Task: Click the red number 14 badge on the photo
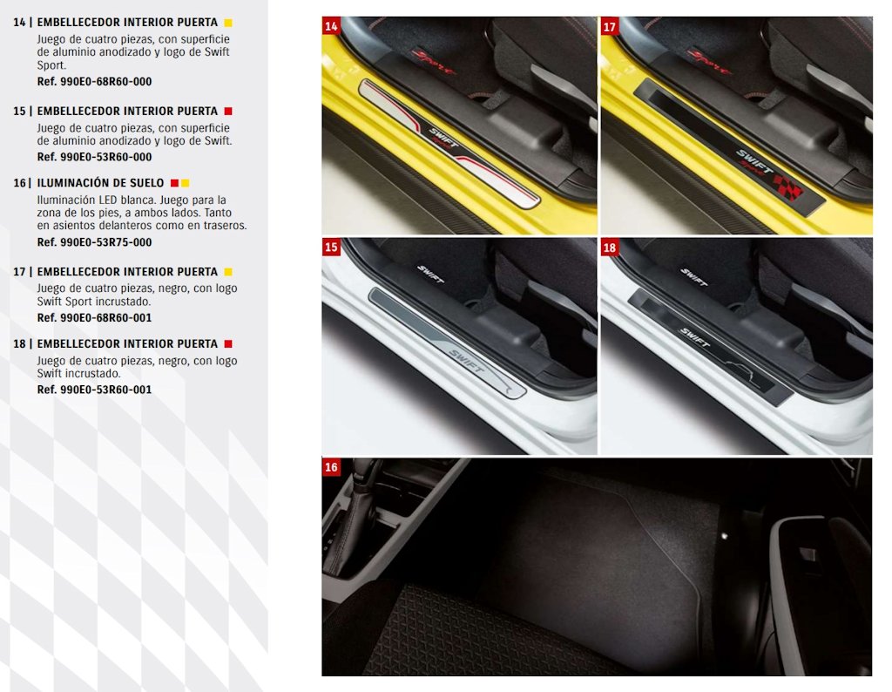(331, 26)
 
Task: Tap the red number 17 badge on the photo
(609, 27)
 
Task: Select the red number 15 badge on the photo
(331, 247)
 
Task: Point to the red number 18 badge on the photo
(609, 248)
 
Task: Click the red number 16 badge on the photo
(331, 467)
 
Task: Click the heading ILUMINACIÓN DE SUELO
(100, 183)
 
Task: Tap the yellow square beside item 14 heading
(228, 23)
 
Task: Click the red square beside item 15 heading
(228, 111)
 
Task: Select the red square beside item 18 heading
(228, 343)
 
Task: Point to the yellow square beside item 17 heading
(228, 272)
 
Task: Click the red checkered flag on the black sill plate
(787, 186)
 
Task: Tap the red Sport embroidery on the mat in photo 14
(432, 62)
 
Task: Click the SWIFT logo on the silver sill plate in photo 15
(466, 362)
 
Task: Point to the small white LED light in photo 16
(724, 535)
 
